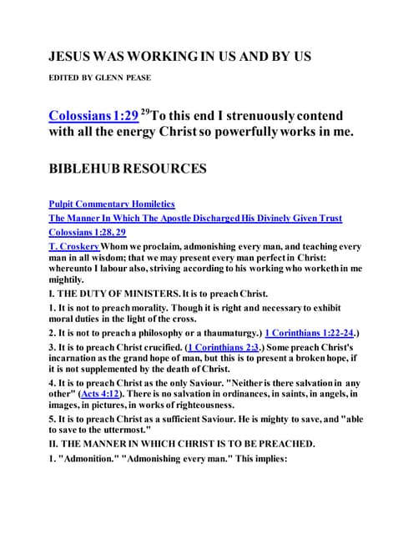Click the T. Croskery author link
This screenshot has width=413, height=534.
pos(75,247)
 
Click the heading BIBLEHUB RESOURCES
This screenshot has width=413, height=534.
pos(127,169)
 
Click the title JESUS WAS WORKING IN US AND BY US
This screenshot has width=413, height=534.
pos(179,57)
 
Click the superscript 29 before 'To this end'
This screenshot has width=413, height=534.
pos(149,111)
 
